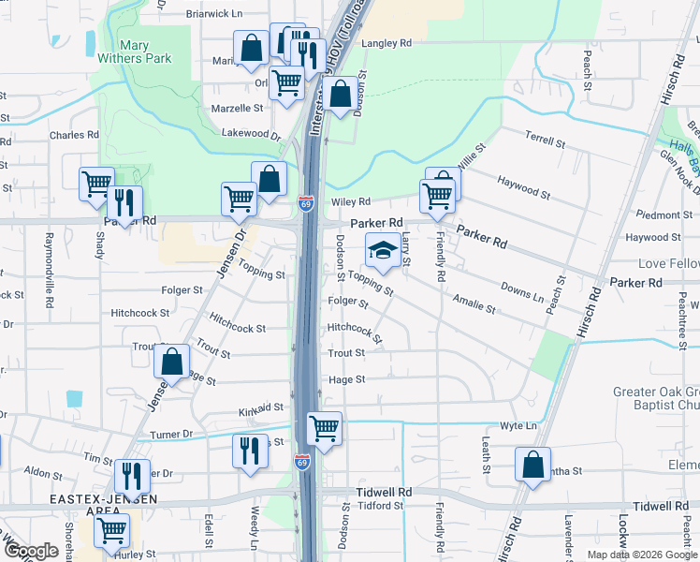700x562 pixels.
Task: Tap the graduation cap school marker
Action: (x=382, y=251)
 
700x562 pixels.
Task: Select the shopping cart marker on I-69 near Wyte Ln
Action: (x=324, y=429)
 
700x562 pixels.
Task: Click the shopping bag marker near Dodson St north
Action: (x=341, y=94)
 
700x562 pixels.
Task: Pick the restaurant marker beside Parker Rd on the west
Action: (x=124, y=201)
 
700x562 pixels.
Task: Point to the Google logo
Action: (x=31, y=551)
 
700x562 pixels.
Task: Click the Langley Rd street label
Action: (x=386, y=43)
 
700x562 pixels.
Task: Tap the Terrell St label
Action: (x=545, y=140)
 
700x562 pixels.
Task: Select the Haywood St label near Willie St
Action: (x=523, y=186)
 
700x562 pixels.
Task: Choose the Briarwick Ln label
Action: (x=213, y=14)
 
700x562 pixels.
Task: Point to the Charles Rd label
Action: (x=74, y=135)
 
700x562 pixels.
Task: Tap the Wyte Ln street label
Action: (x=518, y=426)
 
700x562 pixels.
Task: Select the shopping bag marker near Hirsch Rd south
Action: (x=532, y=466)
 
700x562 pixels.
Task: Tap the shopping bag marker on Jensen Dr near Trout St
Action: (x=172, y=362)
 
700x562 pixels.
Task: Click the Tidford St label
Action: (x=380, y=506)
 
